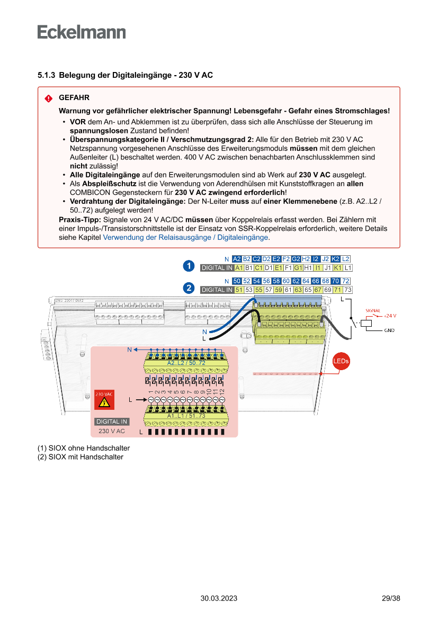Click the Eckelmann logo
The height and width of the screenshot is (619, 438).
(82, 32)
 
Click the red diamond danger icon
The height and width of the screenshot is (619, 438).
(49, 98)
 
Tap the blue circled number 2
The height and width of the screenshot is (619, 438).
(188, 288)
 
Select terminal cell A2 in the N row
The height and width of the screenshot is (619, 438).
(237, 259)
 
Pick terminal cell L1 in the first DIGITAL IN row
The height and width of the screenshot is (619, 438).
(347, 268)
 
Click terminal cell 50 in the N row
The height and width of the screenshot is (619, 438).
(237, 281)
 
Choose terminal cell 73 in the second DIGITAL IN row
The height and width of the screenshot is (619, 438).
(347, 290)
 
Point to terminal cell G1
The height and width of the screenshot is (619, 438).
(298, 268)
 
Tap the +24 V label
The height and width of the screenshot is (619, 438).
(390, 315)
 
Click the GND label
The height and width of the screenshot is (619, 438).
(389, 330)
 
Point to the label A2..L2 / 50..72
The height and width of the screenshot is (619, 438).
(186, 363)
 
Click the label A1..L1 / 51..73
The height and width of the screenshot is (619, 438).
(186, 416)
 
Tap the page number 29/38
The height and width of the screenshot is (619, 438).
(391, 598)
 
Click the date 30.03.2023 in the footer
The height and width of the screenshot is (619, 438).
(219, 598)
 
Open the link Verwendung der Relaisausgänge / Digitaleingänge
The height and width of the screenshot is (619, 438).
(185, 238)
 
